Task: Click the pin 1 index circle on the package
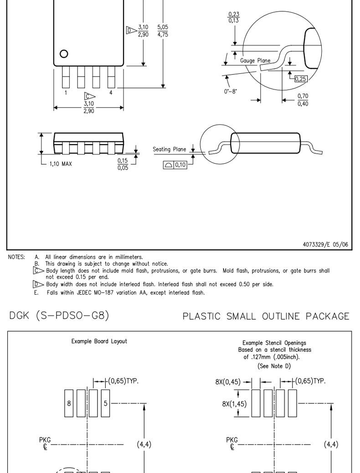[64, 54]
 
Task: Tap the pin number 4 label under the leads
[111, 93]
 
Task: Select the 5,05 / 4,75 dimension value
[163, 31]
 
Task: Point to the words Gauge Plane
[255, 61]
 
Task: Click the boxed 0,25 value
[301, 79]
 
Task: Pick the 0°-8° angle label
[230, 91]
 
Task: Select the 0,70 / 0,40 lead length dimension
[303, 100]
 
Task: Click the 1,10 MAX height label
[61, 164]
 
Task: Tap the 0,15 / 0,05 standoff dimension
[123, 164]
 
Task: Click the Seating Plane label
[170, 149]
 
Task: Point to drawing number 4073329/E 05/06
[325, 244]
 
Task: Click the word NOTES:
[16, 257]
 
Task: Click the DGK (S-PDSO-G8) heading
[59, 316]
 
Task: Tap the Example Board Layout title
[99, 341]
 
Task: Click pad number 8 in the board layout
[69, 403]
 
